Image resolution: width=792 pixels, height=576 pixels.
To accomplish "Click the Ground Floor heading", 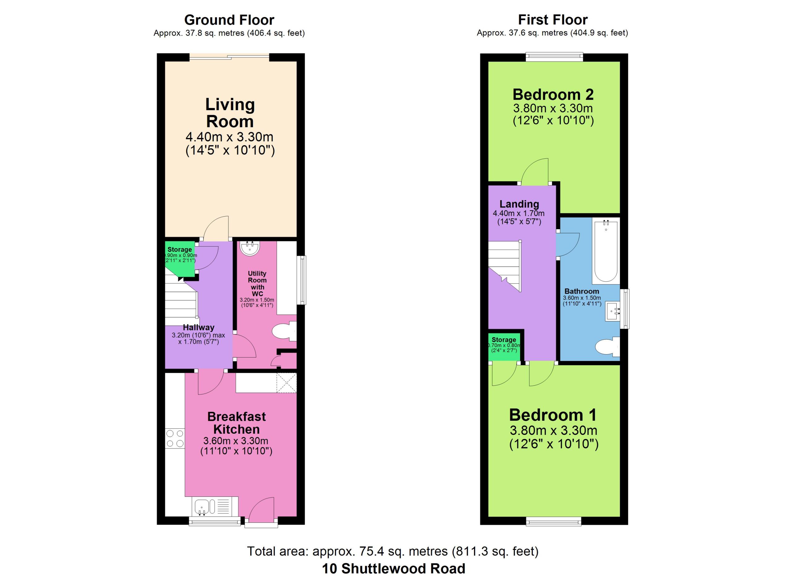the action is (229, 20).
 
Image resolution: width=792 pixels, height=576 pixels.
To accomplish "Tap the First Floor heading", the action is (553, 19).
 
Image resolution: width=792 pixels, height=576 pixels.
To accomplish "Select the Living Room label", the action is (230, 113).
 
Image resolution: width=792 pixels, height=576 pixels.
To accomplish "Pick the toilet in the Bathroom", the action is (608, 347).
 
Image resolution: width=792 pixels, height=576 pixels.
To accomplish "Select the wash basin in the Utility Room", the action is (250, 248).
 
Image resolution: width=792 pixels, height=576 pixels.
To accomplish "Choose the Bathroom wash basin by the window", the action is (613, 311).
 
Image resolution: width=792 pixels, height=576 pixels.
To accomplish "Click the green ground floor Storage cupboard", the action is (179, 259).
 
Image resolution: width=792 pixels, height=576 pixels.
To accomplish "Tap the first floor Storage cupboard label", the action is (504, 339).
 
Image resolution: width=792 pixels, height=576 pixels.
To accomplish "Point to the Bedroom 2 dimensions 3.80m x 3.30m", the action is (553, 108).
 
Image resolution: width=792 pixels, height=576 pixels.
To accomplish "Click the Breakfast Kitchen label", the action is (236, 423).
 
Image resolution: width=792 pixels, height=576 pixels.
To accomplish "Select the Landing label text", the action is (519, 204).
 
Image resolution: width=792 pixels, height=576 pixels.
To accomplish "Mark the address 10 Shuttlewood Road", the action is (394, 568).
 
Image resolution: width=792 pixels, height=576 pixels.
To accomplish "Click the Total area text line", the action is (393, 551).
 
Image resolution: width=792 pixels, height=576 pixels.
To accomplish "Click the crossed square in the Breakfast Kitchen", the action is (286, 383).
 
